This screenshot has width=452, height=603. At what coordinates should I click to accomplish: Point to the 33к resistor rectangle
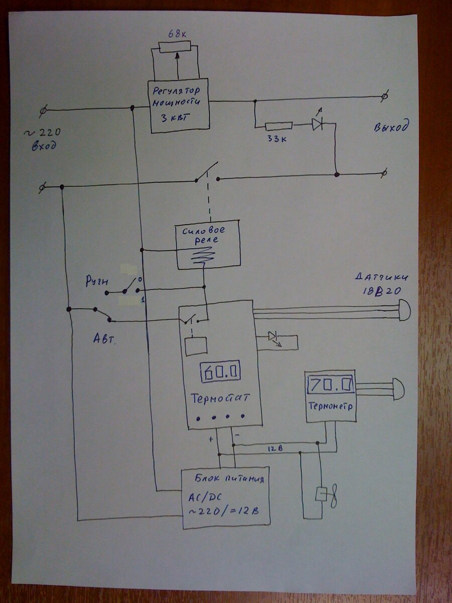click(x=278, y=126)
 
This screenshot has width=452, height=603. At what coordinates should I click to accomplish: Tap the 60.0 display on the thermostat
click(x=220, y=372)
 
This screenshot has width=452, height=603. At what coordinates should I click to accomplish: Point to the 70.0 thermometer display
click(x=330, y=385)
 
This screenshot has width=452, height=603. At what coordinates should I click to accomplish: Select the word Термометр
click(x=331, y=406)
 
